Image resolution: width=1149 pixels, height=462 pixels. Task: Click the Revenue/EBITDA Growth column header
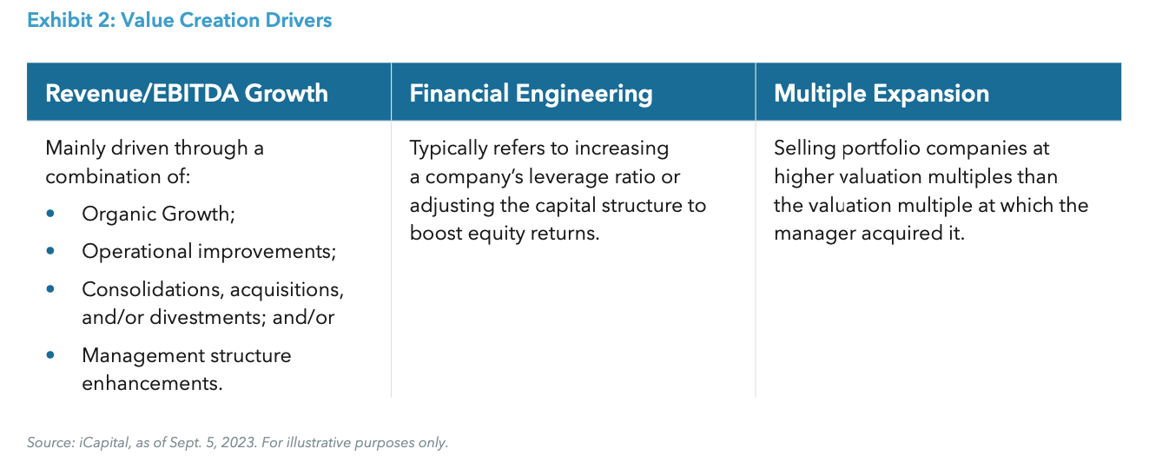click(187, 93)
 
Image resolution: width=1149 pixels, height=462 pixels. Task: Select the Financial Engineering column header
click(531, 93)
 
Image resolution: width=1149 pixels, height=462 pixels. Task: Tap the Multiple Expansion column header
click(881, 93)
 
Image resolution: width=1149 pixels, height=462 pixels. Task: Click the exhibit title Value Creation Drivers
click(180, 20)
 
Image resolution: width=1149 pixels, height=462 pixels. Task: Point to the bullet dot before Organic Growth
click(50, 214)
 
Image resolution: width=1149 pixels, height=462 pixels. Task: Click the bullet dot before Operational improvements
click(50, 251)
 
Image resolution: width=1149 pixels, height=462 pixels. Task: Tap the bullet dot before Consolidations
click(50, 288)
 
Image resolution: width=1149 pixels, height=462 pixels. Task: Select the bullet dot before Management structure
click(50, 355)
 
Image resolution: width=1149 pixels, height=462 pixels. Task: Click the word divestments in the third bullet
click(208, 317)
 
